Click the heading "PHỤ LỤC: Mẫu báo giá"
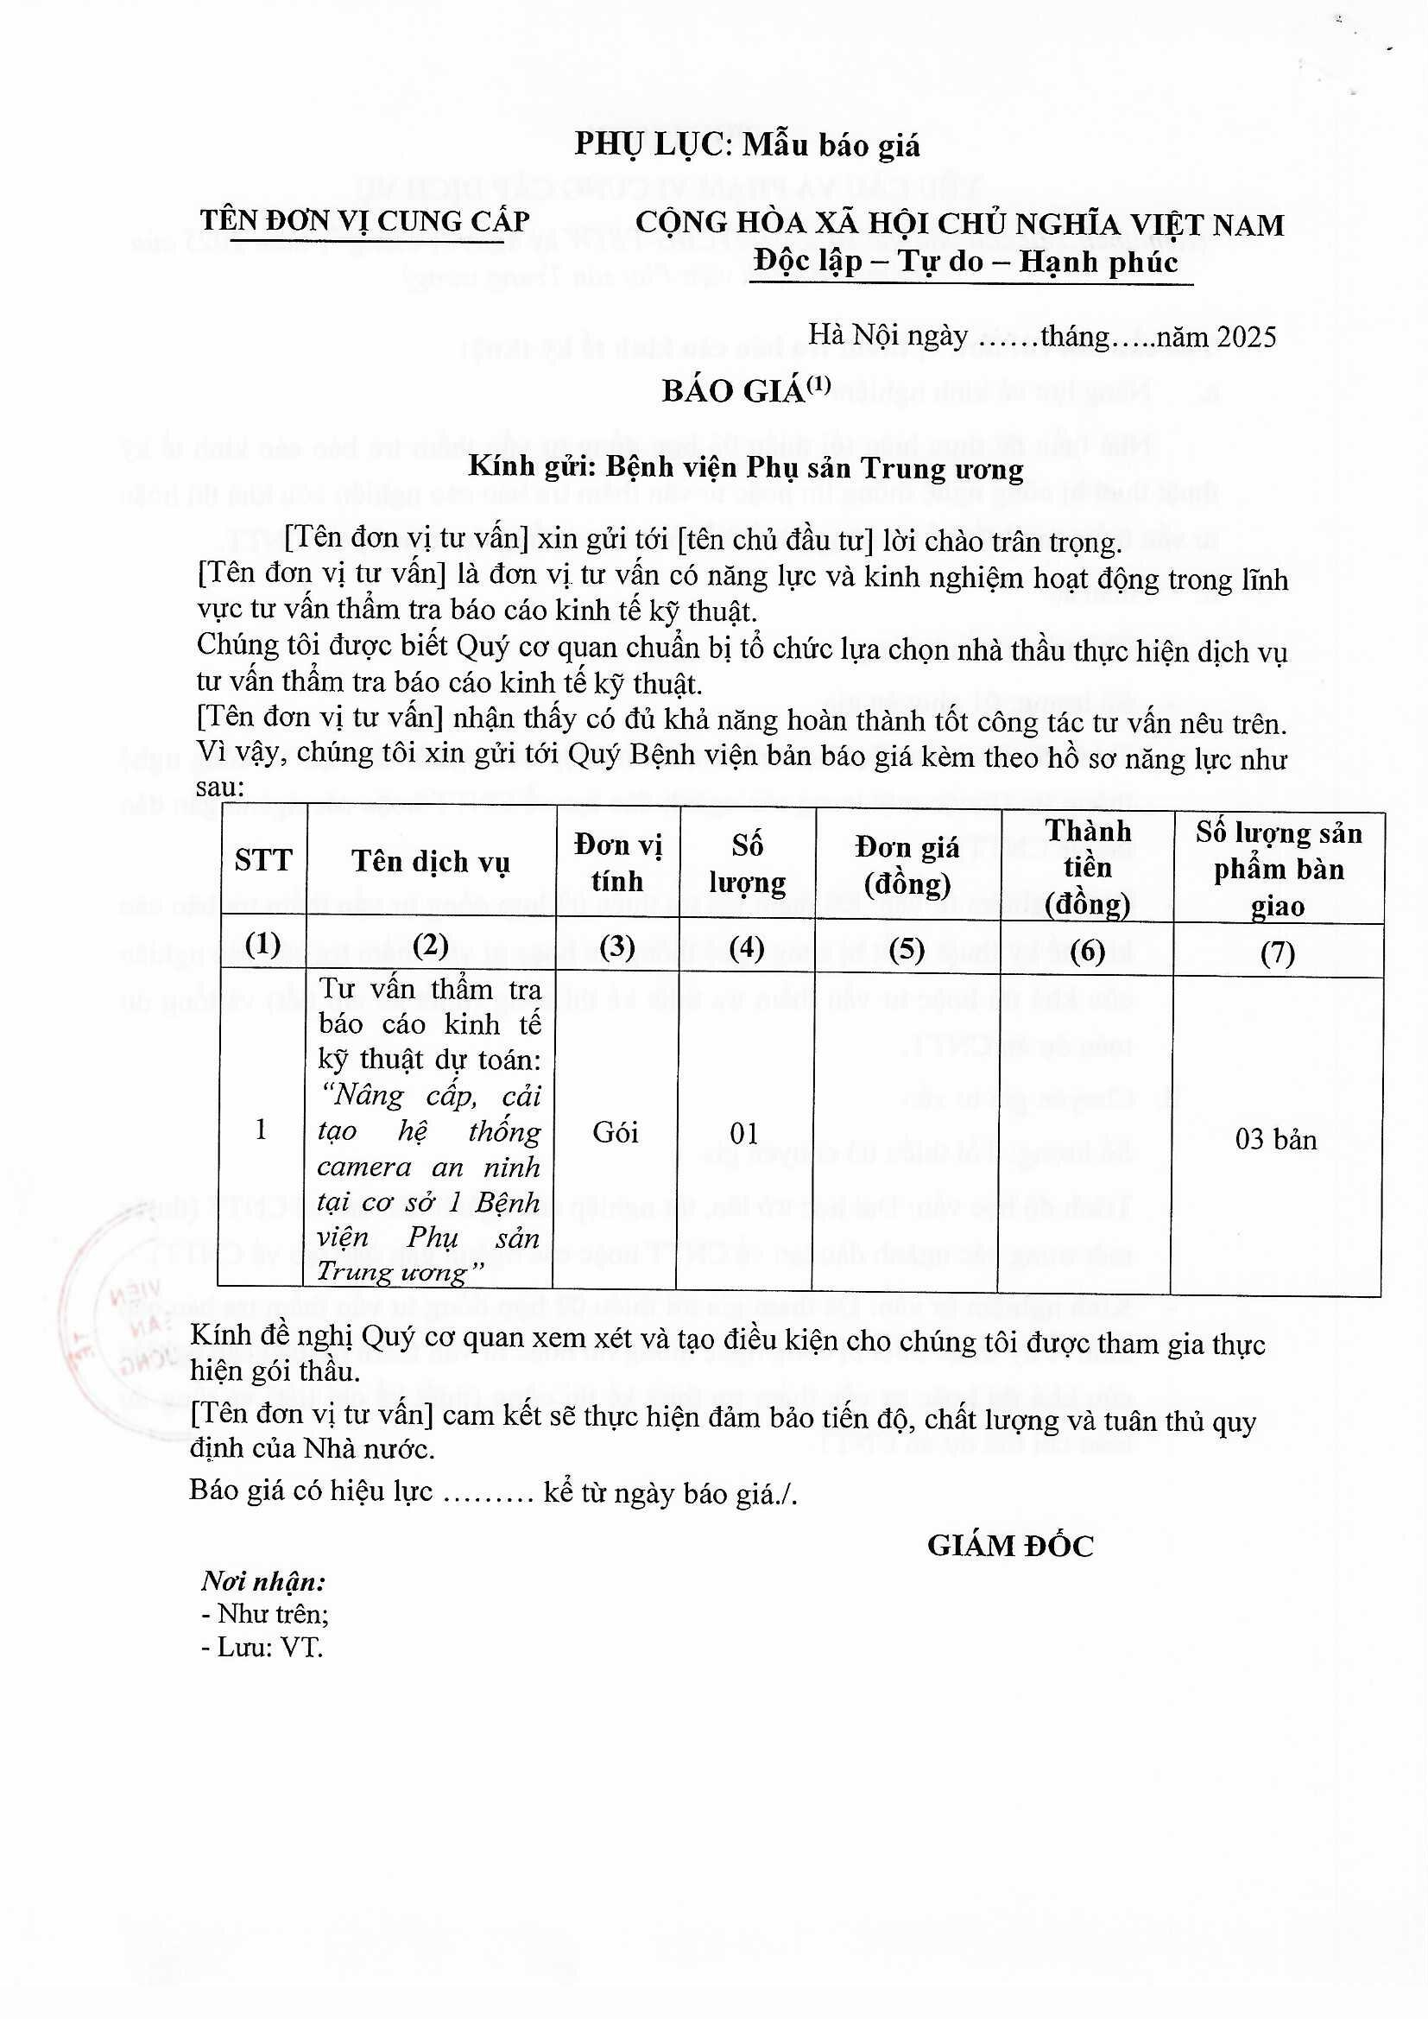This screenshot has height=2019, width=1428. point(747,144)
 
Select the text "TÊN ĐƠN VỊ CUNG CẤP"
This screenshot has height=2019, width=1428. point(364,222)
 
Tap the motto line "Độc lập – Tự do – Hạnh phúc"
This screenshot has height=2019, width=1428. point(965,262)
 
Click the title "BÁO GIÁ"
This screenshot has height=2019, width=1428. point(733,391)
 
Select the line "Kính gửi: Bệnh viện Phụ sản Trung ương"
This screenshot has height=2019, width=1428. point(746,468)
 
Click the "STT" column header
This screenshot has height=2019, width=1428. point(263,860)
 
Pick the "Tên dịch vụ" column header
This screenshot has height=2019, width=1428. point(431,862)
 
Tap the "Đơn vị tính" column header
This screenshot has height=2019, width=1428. point(617,863)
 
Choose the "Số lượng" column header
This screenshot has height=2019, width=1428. point(747,864)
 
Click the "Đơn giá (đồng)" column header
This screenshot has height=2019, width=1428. point(907,865)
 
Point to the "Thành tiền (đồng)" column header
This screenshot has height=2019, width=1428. point(1087,867)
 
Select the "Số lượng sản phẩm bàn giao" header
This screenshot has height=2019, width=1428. point(1278,869)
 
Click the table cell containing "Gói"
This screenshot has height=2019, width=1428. point(616,1133)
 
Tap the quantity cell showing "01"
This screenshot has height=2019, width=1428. point(744,1134)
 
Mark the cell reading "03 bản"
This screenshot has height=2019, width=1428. point(1276,1141)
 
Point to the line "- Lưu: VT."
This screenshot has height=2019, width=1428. point(262,1647)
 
